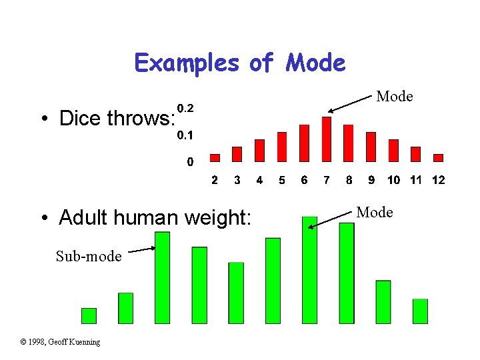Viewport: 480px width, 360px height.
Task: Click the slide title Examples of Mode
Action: coord(240,63)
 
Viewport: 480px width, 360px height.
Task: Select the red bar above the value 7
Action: coord(326,139)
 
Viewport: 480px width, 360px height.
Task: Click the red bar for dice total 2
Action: coord(215,158)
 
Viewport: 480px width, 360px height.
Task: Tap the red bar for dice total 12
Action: coord(438,158)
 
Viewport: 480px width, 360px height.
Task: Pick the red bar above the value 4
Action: coord(259,150)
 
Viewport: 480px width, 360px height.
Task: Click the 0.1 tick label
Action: coord(185,135)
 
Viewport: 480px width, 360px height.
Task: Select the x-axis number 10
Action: coord(394,180)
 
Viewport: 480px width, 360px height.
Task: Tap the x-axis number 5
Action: coord(282,180)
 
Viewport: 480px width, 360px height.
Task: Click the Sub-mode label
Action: coord(89,257)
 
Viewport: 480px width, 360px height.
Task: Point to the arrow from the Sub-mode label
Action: coord(141,250)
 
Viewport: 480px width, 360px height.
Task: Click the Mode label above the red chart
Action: coord(395,97)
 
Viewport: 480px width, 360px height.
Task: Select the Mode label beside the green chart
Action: coord(375,213)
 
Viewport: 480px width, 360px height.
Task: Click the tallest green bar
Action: coord(309,270)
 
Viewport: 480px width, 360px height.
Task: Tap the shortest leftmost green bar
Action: coord(89,315)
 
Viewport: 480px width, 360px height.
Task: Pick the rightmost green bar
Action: coord(420,311)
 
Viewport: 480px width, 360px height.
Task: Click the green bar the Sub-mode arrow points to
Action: coord(162,277)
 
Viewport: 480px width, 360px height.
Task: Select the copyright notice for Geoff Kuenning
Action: coord(61,342)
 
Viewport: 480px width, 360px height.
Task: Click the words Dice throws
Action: coord(116,119)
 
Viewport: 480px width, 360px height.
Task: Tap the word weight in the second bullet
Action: coord(219,217)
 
